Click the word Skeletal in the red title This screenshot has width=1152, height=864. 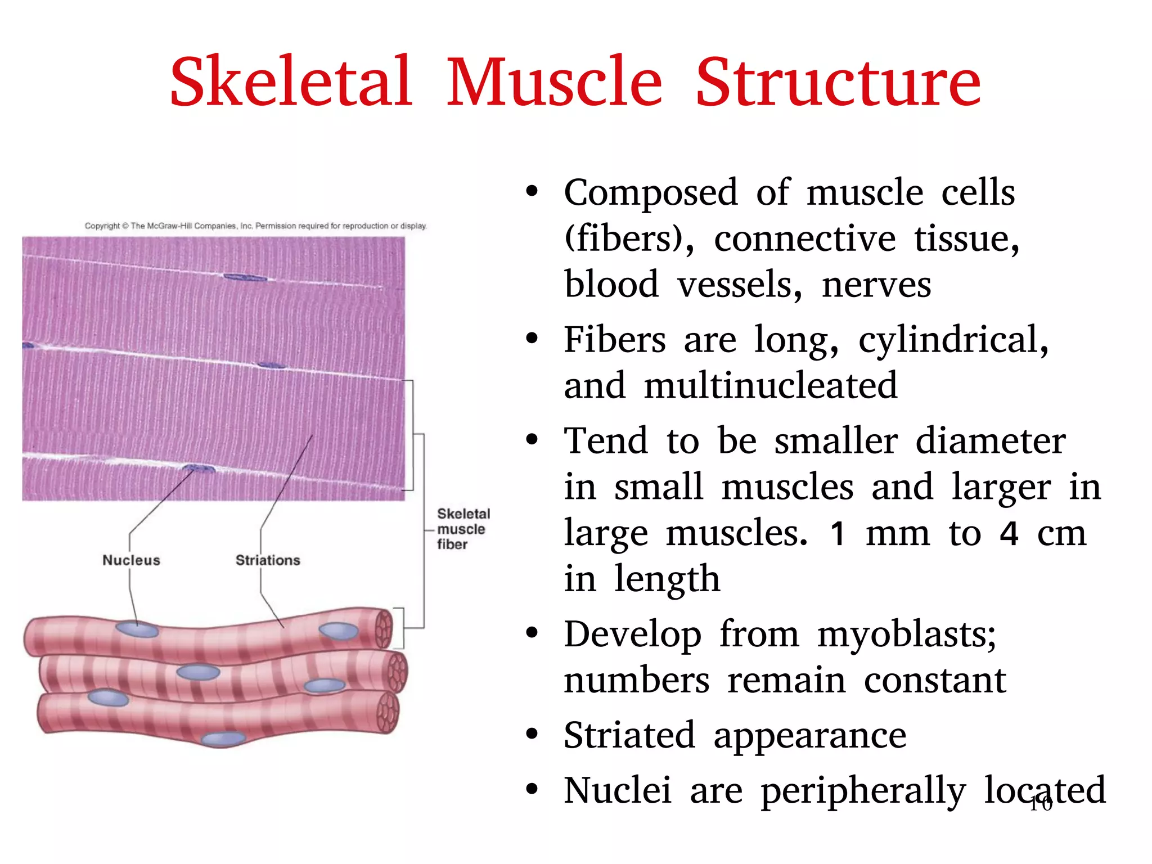291,82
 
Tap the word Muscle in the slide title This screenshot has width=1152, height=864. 555,82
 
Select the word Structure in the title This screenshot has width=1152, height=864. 838,82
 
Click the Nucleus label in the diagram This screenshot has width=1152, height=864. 131,560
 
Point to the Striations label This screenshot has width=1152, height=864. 268,560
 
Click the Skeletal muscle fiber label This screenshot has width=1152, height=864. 463,529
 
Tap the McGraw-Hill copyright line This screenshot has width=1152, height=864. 256,226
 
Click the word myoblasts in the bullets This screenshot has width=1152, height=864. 907,635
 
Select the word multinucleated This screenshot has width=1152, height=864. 770,386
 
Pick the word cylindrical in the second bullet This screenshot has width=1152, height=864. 953,341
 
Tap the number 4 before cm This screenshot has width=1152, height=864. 1009,533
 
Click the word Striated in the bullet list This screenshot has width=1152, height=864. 629,735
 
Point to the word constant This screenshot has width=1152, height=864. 934,681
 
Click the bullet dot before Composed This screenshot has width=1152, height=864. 532,192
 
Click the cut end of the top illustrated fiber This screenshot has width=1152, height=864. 384,628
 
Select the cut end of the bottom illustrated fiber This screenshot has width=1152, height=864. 388,712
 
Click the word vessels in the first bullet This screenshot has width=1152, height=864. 740,285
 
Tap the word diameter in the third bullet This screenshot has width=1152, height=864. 990,441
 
